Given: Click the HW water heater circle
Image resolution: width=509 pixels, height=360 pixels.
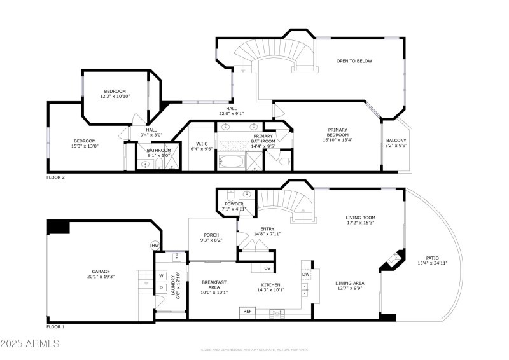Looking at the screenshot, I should (155, 246).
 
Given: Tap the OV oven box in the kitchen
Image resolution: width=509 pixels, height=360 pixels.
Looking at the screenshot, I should (268, 268).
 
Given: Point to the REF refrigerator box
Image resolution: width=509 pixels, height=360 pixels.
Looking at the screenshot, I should (247, 312).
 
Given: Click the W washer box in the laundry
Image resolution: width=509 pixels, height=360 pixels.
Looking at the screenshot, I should (162, 276).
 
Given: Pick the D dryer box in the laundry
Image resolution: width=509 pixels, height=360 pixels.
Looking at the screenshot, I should (162, 287).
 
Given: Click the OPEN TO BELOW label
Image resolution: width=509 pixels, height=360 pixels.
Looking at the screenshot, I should (354, 61).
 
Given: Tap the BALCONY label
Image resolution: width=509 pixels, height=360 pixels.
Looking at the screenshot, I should (396, 141).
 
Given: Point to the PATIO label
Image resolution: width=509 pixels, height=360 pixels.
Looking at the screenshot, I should (433, 258).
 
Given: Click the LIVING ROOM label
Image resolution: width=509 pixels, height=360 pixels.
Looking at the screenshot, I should (359, 218).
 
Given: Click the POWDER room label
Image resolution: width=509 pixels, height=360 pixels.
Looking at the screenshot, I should (233, 204).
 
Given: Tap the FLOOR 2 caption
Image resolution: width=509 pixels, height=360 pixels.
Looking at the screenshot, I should (55, 177).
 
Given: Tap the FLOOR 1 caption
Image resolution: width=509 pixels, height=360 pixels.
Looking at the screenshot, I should (55, 327).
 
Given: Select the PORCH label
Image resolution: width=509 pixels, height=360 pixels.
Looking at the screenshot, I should (212, 235).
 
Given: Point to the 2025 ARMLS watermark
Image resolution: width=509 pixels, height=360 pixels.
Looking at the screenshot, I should (30, 344).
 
